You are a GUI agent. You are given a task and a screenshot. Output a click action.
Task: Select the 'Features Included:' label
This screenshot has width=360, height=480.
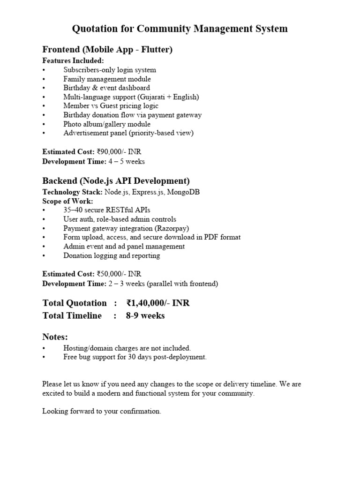coord(73,60)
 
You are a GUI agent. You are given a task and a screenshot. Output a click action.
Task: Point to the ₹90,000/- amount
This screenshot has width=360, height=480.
coord(112,152)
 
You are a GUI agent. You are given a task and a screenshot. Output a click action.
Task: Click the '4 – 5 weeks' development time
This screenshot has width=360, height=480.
coord(127,161)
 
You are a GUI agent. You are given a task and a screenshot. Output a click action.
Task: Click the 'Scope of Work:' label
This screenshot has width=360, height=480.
coord(67,201)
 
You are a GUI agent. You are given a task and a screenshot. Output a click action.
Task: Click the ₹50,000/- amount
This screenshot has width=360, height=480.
coord(112,274)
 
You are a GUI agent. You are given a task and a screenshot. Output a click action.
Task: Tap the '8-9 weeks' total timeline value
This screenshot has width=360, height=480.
coord(145,316)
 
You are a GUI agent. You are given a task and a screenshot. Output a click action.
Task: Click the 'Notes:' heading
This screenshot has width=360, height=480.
coord(55,337)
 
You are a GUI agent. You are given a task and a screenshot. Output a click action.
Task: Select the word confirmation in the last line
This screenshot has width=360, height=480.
coord(140,411)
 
